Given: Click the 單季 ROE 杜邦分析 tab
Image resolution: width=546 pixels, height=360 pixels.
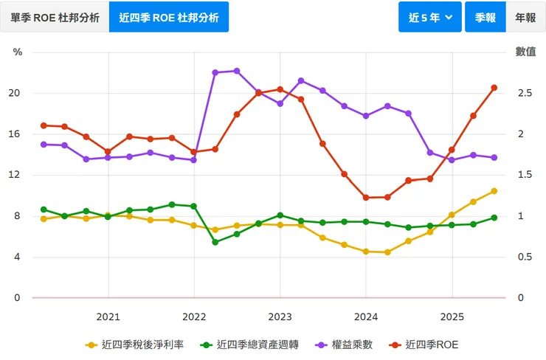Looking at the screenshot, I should point(55,17).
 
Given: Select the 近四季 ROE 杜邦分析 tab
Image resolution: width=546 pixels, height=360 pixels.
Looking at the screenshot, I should point(169,17).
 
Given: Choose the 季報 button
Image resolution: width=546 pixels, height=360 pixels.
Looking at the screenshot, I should point(485,17).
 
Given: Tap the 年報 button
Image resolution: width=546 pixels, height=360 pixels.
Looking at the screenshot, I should point(525,17).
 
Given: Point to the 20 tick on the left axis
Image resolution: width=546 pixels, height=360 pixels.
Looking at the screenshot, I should point(15,94).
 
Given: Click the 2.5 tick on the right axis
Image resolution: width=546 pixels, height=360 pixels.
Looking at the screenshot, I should point(525,94).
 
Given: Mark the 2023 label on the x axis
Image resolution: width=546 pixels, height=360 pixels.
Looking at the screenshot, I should point(280,316).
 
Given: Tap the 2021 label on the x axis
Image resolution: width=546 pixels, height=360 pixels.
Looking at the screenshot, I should point(108,316).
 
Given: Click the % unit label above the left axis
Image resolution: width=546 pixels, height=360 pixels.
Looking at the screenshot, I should point(18,52).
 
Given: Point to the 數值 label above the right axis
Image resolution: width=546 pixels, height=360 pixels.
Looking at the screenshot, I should point(525,52).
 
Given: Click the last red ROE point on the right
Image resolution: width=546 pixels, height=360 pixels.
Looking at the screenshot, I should point(494,88).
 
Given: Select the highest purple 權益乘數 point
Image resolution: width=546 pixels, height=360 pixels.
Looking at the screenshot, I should point(237,71).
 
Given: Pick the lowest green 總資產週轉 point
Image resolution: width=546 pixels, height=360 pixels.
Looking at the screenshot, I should point(215,242).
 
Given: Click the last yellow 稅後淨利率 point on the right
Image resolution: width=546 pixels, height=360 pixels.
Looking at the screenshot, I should point(494,191).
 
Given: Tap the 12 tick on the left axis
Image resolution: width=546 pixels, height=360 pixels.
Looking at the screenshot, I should point(15,176).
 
